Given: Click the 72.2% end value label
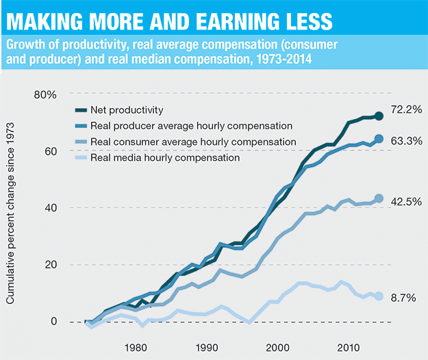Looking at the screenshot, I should pyautogui.click(x=405, y=110).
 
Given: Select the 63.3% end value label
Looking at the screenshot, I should pyautogui.click(x=405, y=142).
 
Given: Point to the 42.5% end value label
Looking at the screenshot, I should pyautogui.click(x=405, y=202).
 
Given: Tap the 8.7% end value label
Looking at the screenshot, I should pyautogui.click(x=403, y=299).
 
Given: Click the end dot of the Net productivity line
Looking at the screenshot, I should pyautogui.click(x=378, y=116).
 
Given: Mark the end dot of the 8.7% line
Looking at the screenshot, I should pyautogui.click(x=378, y=296).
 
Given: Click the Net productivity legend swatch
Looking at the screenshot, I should pyautogui.click(x=80, y=110).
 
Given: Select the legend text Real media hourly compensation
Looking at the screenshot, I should pyautogui.click(x=165, y=157).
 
